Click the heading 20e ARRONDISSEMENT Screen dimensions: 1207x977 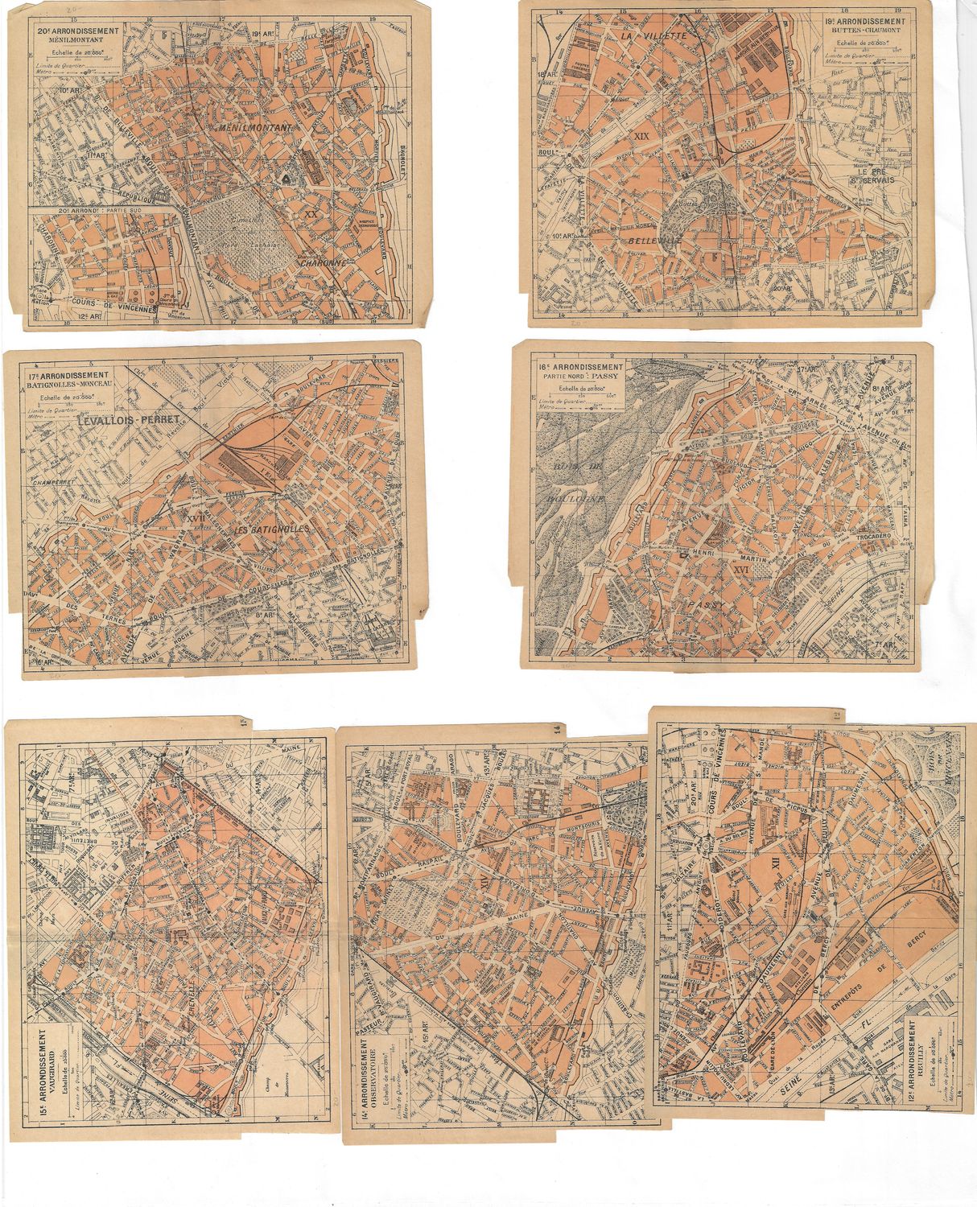click(x=78, y=31)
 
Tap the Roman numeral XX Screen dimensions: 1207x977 click(x=312, y=214)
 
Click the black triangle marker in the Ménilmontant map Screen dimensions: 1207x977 click(x=286, y=175)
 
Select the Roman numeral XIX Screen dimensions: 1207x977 click(x=641, y=136)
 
